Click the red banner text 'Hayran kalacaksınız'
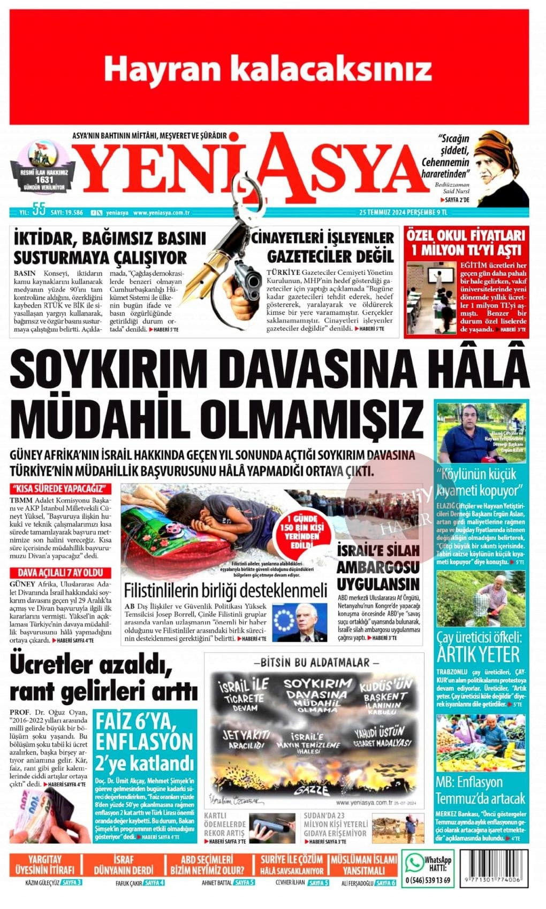tap(267, 69)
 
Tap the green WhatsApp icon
tap(413, 862)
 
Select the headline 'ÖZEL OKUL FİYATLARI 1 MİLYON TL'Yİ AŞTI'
tap(465, 243)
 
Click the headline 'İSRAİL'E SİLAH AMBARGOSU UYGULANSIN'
tap(378, 566)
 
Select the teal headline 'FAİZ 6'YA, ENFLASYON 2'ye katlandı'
tap(144, 742)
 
